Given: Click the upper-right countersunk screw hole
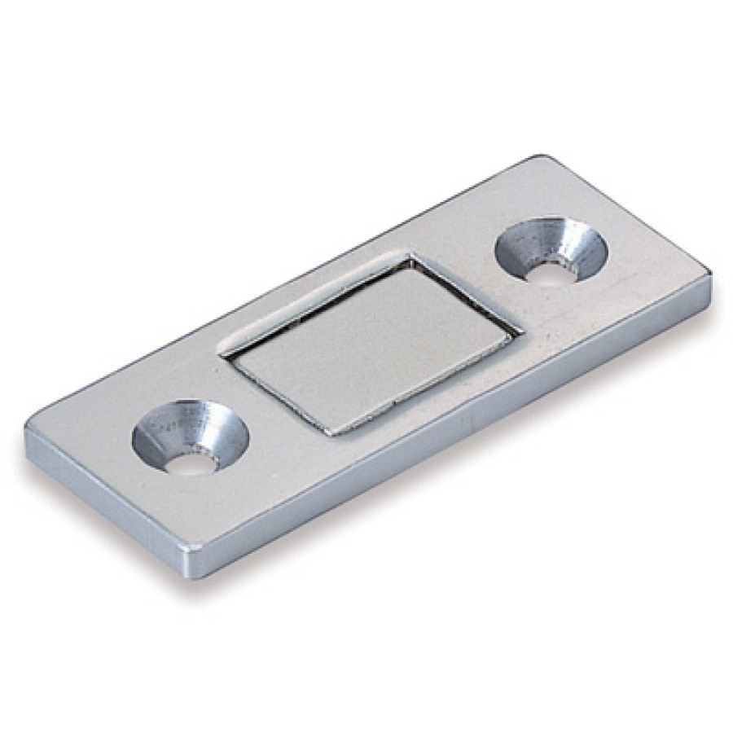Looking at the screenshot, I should pos(551,249).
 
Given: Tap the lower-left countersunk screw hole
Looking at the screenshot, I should pos(190,437).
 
